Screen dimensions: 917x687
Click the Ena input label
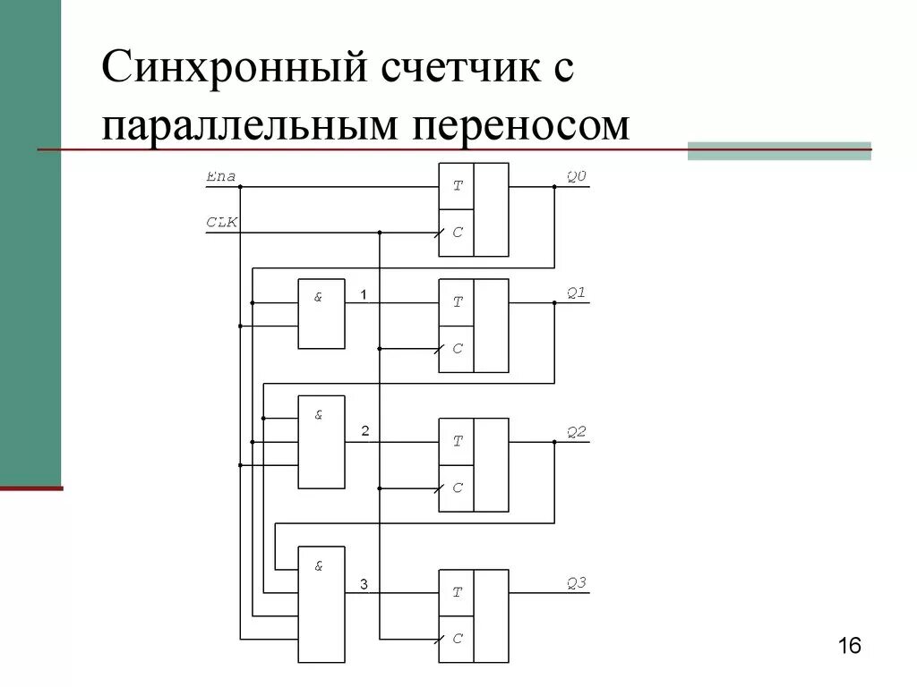pos(220,176)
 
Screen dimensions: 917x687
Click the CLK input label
pos(222,222)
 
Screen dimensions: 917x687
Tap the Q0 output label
pos(576,176)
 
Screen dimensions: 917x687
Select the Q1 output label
pos(576,292)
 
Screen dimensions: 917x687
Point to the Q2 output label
pos(576,431)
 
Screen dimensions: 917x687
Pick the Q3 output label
pos(576,582)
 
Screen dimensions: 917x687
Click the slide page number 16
pos(849,646)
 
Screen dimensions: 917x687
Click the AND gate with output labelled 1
pos(321,314)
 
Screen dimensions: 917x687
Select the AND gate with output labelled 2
pos(321,442)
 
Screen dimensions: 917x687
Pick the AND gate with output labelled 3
pos(321,605)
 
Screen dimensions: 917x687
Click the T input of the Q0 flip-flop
pos(457,186)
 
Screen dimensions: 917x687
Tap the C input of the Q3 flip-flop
pos(457,639)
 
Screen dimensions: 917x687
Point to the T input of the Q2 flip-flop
pos(457,441)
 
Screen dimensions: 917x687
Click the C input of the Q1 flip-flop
pos(457,348)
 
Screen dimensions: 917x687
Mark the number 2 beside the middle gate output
pos(364,431)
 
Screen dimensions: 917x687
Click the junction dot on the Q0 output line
pos(554,187)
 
